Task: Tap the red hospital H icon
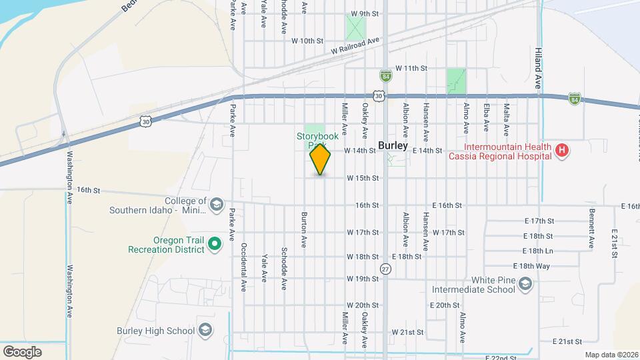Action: point(562,151)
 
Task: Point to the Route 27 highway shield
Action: point(385,268)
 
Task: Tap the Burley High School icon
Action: point(206,331)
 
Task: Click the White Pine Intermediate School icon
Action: point(525,285)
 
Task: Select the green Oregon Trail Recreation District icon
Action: point(215,245)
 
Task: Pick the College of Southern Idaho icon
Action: point(216,205)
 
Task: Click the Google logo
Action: point(22,351)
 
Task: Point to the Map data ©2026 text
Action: point(611,355)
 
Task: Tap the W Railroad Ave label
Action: point(355,46)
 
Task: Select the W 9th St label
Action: point(365,13)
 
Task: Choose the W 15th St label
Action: point(363,178)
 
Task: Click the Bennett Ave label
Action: point(591,229)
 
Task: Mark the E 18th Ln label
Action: point(539,251)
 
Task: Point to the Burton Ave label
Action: point(304,230)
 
